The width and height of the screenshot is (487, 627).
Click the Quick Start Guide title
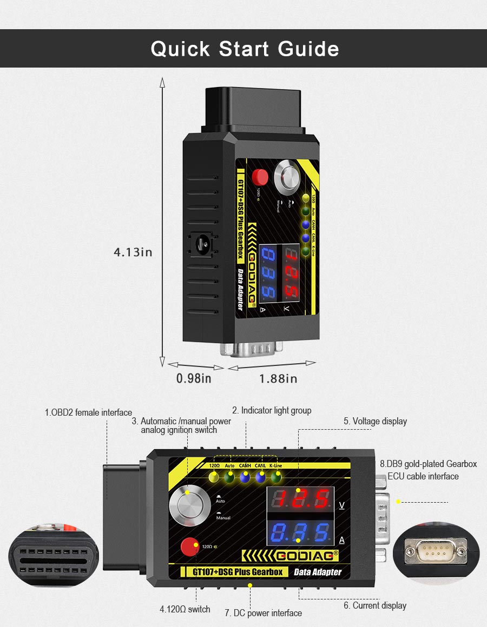[x=245, y=49]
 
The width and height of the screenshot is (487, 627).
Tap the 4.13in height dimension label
[x=133, y=252]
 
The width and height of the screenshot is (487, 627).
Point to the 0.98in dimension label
[x=194, y=378]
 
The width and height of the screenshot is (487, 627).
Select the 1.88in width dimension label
[x=278, y=378]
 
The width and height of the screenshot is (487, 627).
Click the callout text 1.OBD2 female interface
[x=88, y=413]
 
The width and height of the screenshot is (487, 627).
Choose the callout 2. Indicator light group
[x=272, y=411]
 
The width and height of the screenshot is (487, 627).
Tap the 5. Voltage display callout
[x=375, y=421]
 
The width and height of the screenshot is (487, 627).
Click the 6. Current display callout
[x=375, y=605]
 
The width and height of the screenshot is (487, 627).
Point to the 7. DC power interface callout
[x=263, y=613]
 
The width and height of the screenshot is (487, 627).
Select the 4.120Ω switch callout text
[x=185, y=609]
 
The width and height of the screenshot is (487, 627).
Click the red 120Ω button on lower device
[x=189, y=546]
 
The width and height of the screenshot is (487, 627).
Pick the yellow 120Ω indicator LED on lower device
[x=214, y=477]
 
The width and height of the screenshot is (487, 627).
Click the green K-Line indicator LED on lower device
[x=277, y=477]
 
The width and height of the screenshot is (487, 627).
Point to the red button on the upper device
[x=261, y=176]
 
